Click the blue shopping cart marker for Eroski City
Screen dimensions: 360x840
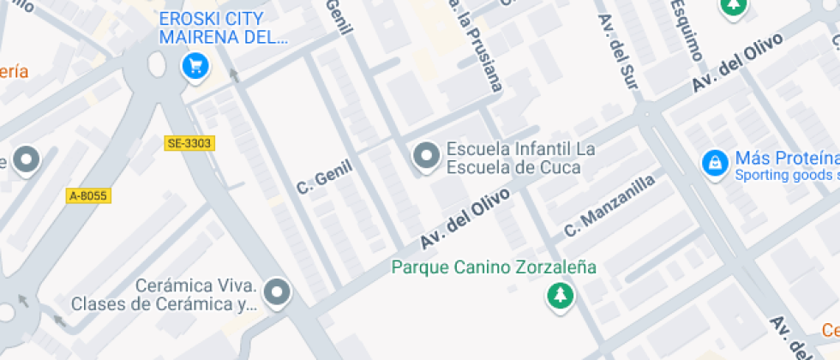point(195,65)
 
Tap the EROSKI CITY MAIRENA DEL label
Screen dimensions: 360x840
point(224,28)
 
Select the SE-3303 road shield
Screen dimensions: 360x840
point(189,143)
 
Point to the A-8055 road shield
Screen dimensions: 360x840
point(88,195)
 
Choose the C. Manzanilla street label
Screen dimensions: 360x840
point(609,206)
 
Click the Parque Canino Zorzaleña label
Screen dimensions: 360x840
point(494,267)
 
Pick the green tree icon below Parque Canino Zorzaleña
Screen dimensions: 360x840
point(561,297)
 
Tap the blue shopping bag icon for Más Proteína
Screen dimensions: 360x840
point(713,161)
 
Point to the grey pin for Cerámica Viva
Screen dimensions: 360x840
point(277,292)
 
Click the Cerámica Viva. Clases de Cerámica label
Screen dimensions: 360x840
point(164,295)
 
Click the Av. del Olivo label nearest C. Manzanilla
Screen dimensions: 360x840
point(466,219)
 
